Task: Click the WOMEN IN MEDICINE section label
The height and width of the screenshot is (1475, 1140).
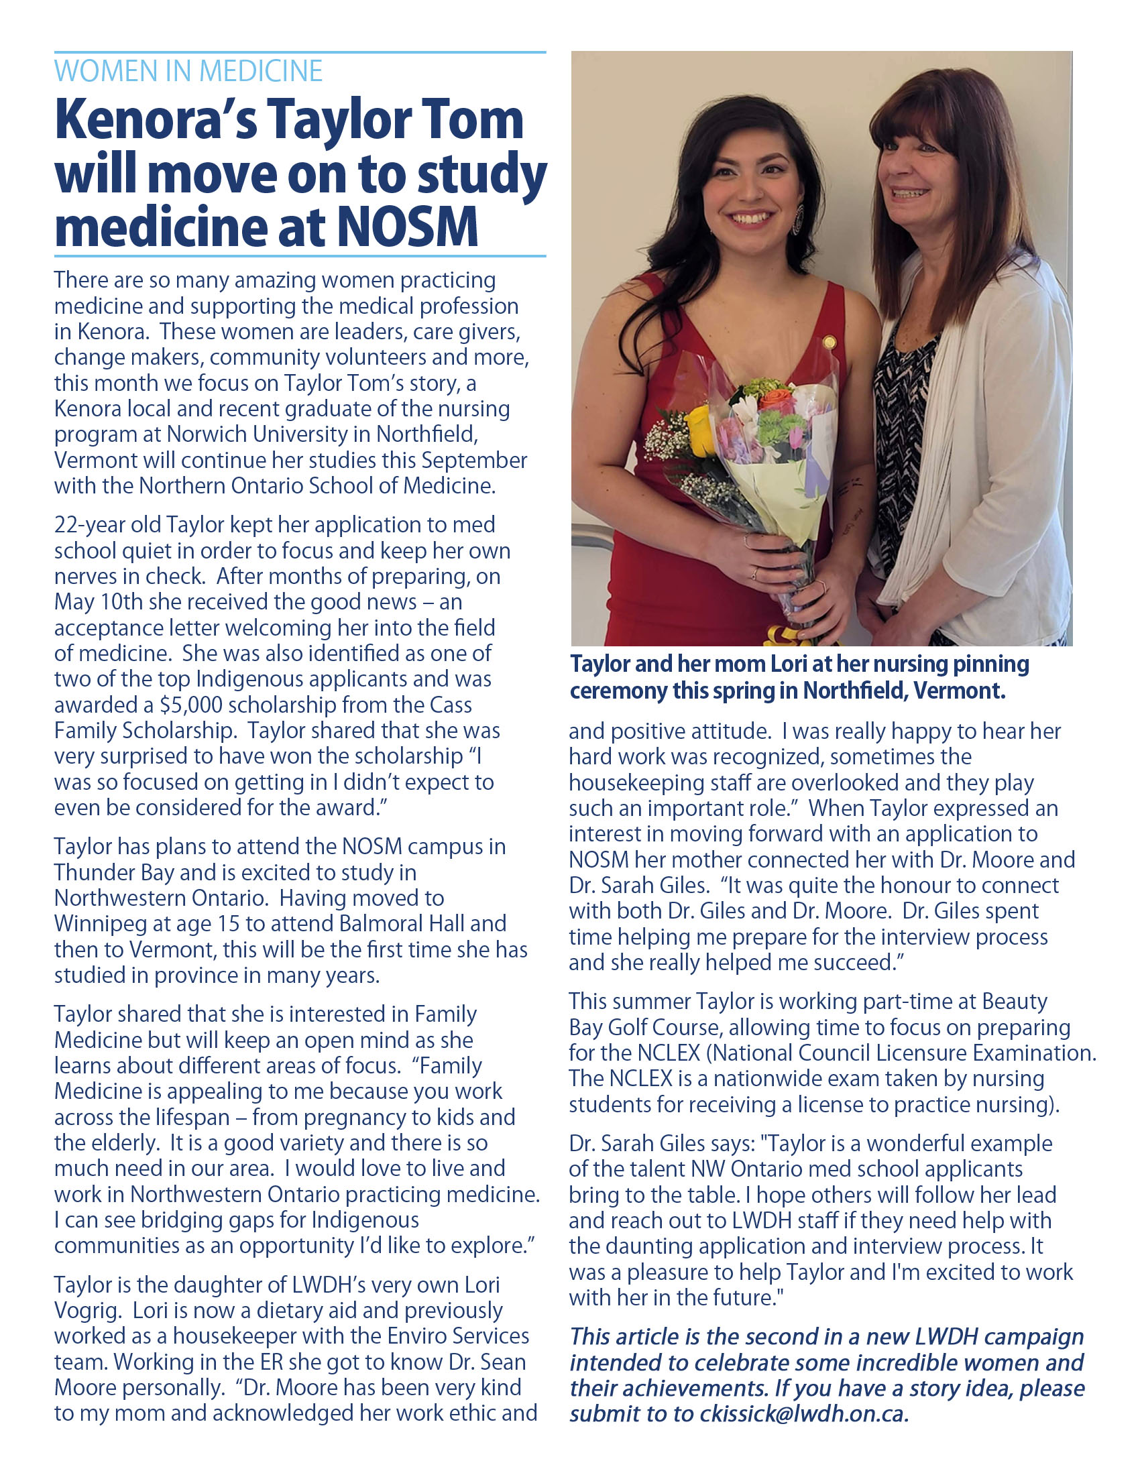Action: pyautogui.click(x=188, y=72)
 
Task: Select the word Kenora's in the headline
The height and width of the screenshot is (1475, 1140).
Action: pyautogui.click(x=156, y=119)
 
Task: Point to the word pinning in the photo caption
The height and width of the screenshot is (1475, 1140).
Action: pyautogui.click(x=990, y=664)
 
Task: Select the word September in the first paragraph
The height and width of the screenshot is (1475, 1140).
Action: pyautogui.click(x=474, y=461)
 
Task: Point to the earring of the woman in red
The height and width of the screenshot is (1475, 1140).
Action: pyautogui.click(x=797, y=219)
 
